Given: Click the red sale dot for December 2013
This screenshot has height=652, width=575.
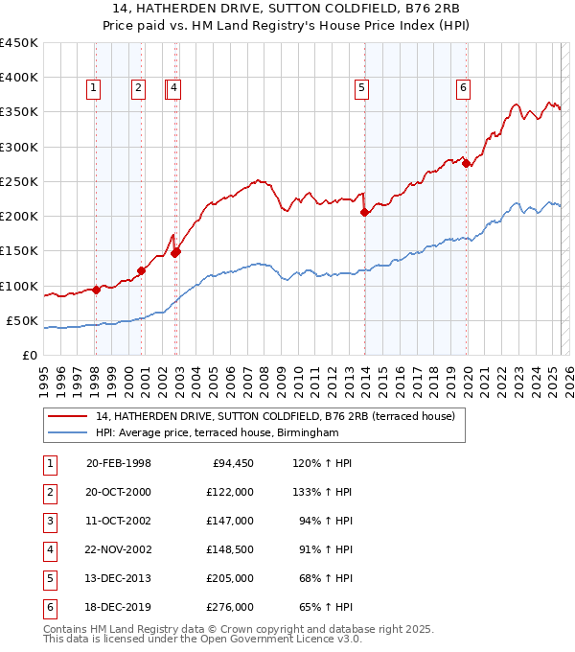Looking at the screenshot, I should (x=364, y=212).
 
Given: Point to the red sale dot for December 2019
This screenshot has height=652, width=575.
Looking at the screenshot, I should (x=467, y=163).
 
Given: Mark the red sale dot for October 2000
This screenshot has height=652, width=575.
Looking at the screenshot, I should (x=141, y=270).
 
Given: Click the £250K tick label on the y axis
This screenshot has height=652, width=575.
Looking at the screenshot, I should (x=19, y=181).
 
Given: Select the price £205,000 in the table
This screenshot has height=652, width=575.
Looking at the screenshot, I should (x=230, y=578).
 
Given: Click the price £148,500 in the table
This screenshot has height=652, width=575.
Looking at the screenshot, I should (x=230, y=549).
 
